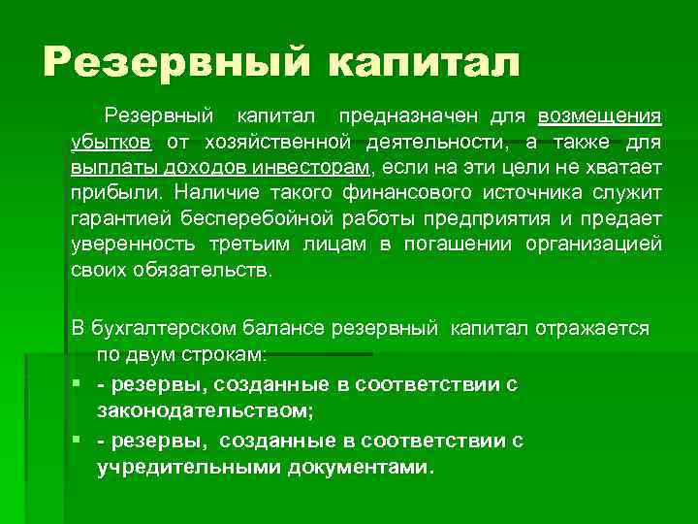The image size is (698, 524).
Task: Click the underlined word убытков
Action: coord(111,143)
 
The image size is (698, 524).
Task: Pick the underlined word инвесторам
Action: coord(321,168)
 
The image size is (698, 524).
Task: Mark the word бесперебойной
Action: coord(256,218)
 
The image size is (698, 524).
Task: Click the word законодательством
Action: coord(206,411)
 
